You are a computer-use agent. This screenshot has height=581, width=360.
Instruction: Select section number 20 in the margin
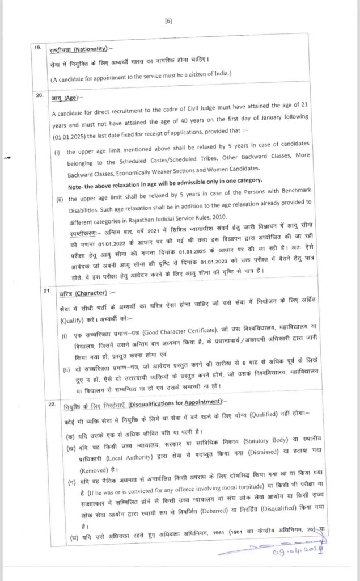coord(39,95)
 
